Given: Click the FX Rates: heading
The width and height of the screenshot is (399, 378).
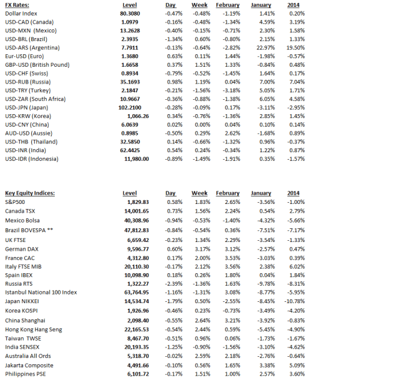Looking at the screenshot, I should click(x=18, y=4).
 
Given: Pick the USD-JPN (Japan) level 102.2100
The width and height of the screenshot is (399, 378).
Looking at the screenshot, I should click(x=132, y=107).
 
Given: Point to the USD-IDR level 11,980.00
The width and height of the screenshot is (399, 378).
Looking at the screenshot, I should click(x=131, y=158).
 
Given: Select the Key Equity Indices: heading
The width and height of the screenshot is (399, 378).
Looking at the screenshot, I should click(x=31, y=193).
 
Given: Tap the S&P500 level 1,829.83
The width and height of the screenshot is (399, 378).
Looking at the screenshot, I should click(x=133, y=202).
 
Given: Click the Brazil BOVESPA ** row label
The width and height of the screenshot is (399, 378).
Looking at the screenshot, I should click(x=32, y=230).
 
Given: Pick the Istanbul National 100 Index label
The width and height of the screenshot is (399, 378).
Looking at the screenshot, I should click(x=41, y=292).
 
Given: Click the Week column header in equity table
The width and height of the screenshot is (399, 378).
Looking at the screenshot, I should click(x=199, y=193).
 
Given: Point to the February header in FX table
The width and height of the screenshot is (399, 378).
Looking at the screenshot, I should click(x=228, y=4).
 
